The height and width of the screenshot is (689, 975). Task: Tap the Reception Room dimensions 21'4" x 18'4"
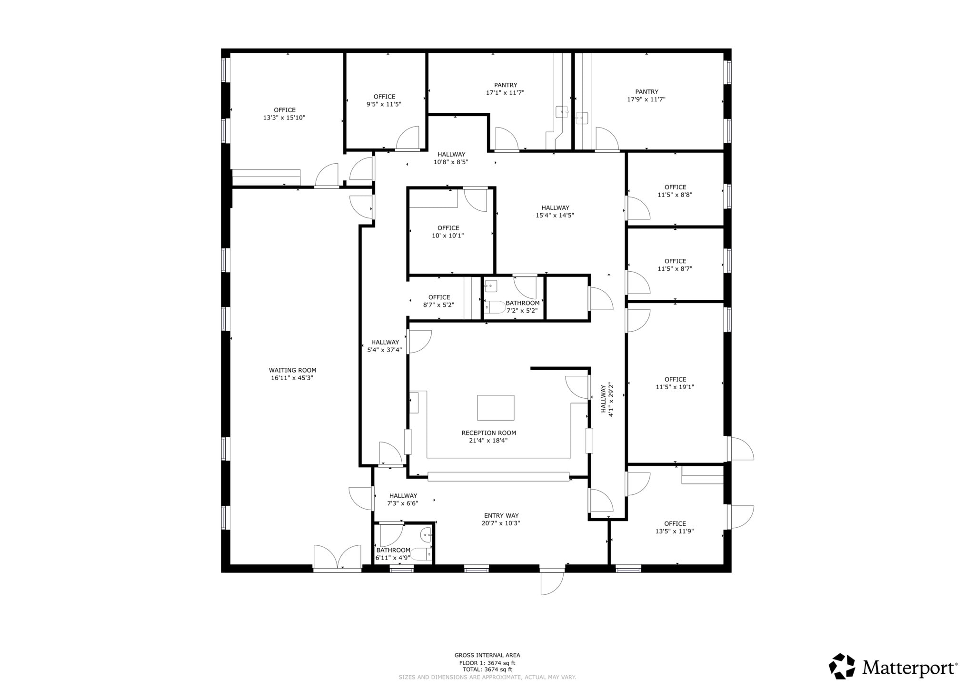pos(488,441)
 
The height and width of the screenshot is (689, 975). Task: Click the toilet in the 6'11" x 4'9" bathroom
pos(420,554)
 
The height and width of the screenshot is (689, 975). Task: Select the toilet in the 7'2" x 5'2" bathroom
pos(495,307)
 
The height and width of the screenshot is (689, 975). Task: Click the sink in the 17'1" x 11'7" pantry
pos(562,112)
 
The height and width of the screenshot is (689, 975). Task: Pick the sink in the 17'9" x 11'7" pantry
pos(582,118)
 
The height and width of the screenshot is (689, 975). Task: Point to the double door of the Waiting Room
pos(337,558)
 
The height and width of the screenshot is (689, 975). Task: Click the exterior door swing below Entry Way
pos(551,583)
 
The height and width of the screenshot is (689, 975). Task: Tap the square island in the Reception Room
pos(496,408)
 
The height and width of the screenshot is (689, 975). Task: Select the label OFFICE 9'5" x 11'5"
pos(384,100)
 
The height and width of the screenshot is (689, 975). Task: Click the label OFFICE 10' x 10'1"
pos(448,232)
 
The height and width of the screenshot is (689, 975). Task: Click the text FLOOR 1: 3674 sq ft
pos(487,663)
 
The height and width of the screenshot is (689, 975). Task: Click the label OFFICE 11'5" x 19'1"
pos(675,383)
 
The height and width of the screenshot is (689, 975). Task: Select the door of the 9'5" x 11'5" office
pos(408,139)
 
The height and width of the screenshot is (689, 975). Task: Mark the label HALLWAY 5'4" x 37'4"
pos(385,346)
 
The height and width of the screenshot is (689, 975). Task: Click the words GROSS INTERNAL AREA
pos(487,655)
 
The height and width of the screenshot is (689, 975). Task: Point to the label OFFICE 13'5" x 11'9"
pos(675,527)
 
